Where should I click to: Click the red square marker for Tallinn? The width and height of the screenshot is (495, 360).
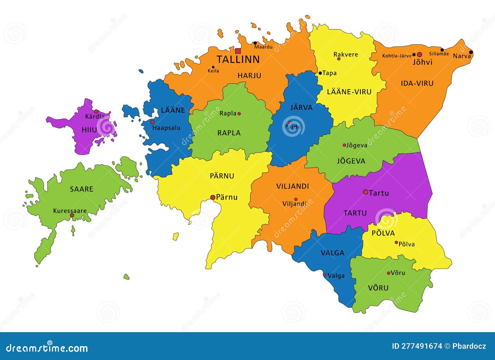click(x=238, y=51)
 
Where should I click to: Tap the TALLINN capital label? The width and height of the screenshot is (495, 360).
click(x=238, y=59)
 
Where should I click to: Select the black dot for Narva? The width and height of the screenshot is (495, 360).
click(x=471, y=52)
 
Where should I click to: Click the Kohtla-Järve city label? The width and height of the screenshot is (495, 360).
click(x=397, y=56)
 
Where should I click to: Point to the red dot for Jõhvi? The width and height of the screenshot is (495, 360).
click(x=420, y=54)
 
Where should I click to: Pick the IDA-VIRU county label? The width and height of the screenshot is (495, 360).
click(x=417, y=83)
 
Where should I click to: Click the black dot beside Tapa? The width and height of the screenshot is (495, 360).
click(x=320, y=73)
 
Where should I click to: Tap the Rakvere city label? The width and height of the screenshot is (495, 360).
click(x=346, y=54)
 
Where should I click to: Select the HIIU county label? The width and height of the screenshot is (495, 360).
click(x=89, y=130)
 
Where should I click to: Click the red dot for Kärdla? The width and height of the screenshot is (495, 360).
click(x=96, y=111)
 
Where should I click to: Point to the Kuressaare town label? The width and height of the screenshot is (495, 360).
click(x=70, y=211)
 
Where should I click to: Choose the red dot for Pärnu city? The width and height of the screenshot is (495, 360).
click(x=213, y=197)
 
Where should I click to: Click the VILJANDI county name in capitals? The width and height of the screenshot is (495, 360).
click(x=292, y=186)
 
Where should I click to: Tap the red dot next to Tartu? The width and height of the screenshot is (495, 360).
click(x=365, y=192)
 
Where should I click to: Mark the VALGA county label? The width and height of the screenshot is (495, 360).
click(x=333, y=253)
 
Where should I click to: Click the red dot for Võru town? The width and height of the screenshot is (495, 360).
click(x=389, y=273)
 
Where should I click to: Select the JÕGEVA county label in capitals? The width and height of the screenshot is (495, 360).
click(x=351, y=161)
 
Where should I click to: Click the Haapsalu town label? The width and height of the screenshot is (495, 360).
click(x=166, y=128)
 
